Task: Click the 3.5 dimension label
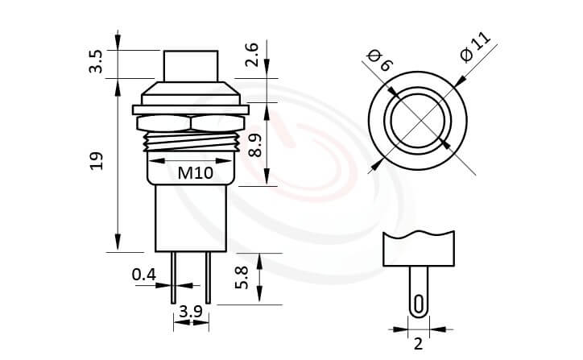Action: pyautogui.click(x=96, y=62)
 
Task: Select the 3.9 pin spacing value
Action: pyautogui.click(x=190, y=312)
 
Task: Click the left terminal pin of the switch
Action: pyautogui.click(x=174, y=278)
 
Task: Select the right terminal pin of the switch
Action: pyautogui.click(x=208, y=278)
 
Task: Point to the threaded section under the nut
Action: pyautogui.click(x=190, y=143)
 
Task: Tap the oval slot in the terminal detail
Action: pyautogui.click(x=417, y=303)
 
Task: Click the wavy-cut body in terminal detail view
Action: pyautogui.click(x=417, y=249)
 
